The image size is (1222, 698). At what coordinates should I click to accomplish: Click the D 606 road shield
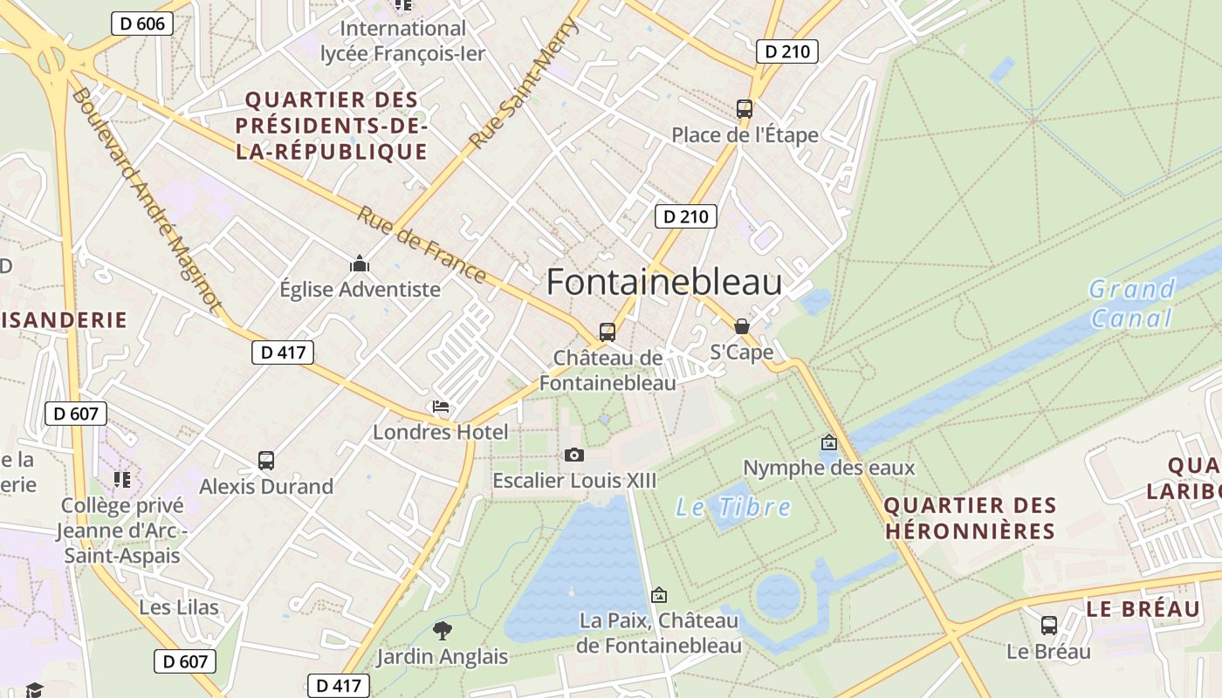[142, 24]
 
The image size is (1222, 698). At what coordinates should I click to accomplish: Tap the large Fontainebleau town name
[664, 283]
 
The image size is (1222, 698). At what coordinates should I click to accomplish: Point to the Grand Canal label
[1131, 303]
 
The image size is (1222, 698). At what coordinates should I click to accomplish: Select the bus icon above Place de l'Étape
[745, 109]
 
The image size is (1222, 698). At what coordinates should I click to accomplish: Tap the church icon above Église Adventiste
[359, 263]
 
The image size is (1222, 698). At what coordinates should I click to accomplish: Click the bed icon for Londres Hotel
[441, 407]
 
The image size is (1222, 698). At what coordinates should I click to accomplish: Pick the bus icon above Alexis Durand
[266, 461]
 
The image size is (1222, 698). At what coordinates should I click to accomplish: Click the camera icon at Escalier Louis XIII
[573, 455]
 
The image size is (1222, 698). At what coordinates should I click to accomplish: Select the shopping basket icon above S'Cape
[742, 326]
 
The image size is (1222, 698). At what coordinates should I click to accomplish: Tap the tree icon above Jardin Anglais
[443, 630]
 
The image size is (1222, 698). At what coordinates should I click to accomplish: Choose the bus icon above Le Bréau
[1049, 626]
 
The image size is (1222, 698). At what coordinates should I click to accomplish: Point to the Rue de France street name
[422, 244]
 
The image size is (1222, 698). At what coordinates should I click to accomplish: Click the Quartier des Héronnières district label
[970, 517]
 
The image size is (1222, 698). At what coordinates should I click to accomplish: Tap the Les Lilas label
[179, 607]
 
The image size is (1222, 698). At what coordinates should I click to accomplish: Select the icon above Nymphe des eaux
[828, 443]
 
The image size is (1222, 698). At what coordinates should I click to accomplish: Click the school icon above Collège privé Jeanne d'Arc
[121, 479]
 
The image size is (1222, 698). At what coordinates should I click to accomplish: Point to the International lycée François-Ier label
[402, 41]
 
